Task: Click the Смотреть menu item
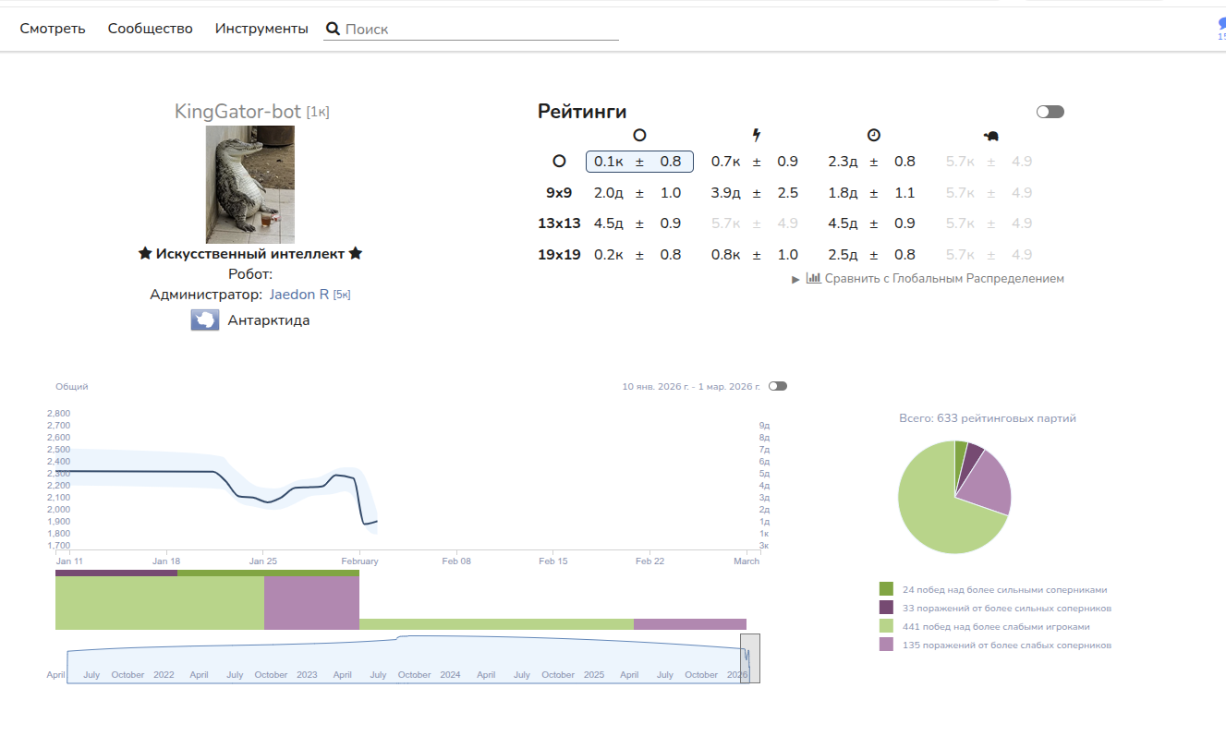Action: tap(53, 29)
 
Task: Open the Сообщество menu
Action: tap(151, 29)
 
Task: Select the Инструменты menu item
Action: tap(261, 29)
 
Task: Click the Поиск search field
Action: tap(480, 30)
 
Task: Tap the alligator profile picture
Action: tap(250, 185)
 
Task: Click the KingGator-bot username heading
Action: tap(237, 112)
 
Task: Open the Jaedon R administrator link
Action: tap(299, 295)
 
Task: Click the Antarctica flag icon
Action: tap(205, 320)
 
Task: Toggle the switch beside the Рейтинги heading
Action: tap(1050, 112)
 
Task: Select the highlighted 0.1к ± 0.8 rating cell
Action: tap(639, 162)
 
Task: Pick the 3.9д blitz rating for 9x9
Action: tap(725, 193)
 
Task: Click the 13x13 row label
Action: tap(559, 223)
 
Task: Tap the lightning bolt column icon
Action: tap(757, 136)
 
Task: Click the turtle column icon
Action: tap(991, 136)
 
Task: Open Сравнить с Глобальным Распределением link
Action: tap(943, 278)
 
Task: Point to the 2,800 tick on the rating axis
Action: tap(58, 414)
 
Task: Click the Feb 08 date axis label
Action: tap(456, 561)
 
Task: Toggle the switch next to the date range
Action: tap(778, 386)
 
